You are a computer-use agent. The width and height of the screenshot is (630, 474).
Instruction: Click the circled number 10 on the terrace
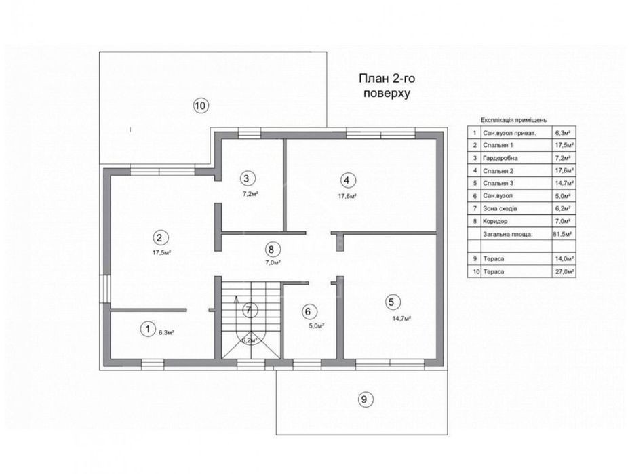[x=201, y=106]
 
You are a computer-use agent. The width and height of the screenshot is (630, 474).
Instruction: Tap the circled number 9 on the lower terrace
[x=364, y=399]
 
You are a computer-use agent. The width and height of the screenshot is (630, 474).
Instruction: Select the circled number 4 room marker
[x=347, y=180]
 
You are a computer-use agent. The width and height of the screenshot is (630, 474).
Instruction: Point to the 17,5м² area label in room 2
[x=161, y=253]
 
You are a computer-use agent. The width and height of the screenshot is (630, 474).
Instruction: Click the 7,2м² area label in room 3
[x=250, y=194]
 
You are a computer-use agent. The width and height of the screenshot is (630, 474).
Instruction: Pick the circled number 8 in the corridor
[x=272, y=250]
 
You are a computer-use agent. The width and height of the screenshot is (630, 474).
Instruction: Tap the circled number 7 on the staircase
[x=249, y=310]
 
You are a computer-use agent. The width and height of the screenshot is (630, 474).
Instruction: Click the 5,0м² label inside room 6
[x=317, y=325]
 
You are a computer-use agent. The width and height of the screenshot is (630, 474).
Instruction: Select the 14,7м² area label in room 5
[x=401, y=319]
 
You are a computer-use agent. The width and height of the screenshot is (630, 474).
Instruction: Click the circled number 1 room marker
[x=148, y=330]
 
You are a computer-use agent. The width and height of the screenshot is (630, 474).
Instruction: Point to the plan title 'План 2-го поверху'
[x=387, y=85]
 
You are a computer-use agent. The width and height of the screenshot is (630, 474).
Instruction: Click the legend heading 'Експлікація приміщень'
[x=513, y=120]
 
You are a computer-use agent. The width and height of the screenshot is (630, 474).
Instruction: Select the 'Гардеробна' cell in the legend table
[x=500, y=158]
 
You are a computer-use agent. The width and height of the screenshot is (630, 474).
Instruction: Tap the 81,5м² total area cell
[x=564, y=233]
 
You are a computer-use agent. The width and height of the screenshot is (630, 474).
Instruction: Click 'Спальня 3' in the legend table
[x=498, y=183]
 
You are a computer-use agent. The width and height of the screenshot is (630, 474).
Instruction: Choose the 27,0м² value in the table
[x=564, y=271]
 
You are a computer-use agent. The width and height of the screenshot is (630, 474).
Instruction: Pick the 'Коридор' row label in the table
[x=496, y=221]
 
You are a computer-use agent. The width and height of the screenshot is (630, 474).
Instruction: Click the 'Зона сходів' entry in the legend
[x=500, y=208]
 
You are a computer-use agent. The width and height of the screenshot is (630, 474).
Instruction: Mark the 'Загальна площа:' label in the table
[x=508, y=234]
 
